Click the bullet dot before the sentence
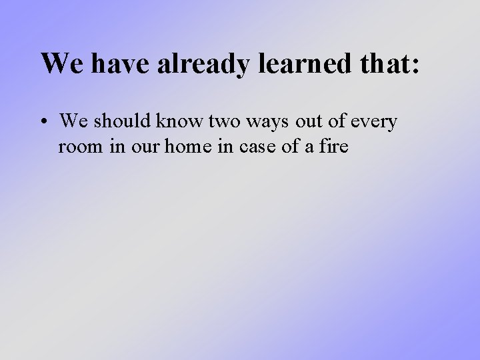pos(44,123)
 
